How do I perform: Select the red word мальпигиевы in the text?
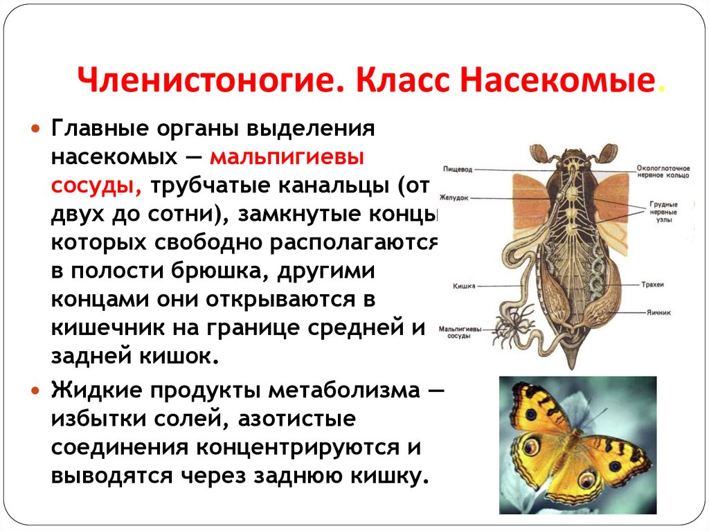pos(287,157)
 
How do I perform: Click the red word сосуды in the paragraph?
pos(96,186)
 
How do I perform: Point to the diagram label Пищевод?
pos(457,168)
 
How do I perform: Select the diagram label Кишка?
pos(463,285)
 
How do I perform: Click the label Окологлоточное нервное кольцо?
pos(663,172)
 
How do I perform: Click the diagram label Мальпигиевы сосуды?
pos(460,332)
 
